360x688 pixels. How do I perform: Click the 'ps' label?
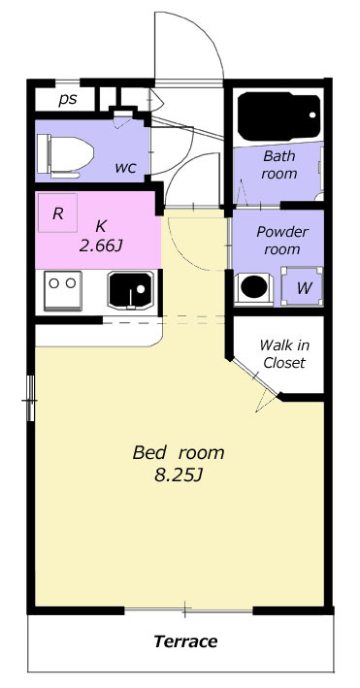tap(68, 100)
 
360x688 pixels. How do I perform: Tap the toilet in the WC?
tap(65, 155)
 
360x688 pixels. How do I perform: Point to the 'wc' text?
tap(125, 167)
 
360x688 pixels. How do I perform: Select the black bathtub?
tap(279, 116)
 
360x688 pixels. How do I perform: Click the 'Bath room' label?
tap(279, 165)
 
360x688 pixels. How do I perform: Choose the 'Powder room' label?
tap(282, 240)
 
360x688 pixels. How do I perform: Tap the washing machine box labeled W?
tap(302, 286)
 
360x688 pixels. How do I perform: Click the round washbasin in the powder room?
tap(254, 287)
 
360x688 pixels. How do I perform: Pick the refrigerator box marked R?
tap(57, 213)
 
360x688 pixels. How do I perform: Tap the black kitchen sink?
tap(131, 289)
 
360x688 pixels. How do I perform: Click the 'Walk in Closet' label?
tap(284, 353)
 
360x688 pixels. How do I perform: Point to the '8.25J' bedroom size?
tap(178, 475)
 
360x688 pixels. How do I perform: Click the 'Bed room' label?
tap(179, 452)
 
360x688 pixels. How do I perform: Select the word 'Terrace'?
tap(185, 641)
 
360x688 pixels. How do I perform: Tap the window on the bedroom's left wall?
tap(30, 398)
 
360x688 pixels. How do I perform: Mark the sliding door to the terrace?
tap(188, 609)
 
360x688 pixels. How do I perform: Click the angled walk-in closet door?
tap(254, 377)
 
